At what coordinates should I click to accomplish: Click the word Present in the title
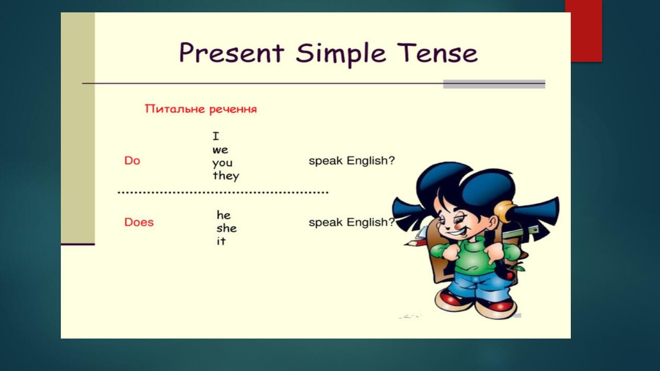pos(231,53)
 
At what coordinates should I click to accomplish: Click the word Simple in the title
pos(341,54)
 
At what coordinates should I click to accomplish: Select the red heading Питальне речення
pos(201,109)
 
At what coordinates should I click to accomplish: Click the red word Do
pos(132,161)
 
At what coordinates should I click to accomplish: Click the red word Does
pos(139,223)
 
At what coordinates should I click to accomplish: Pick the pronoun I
pos(216,137)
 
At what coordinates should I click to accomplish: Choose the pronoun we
pos(220,150)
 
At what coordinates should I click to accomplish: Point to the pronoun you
pos(222,163)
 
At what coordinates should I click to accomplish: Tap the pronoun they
pos(226,176)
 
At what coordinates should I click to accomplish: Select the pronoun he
pos(223,215)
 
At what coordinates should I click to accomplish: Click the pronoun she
pos(226,228)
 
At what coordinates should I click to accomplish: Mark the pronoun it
pos(221,241)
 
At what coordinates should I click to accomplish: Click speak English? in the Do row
pos(351,161)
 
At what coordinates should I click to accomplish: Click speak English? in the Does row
pos(351,223)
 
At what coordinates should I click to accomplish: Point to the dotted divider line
pos(223,193)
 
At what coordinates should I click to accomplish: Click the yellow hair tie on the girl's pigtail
pos(504,210)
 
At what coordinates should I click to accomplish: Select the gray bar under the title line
pos(493,84)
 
